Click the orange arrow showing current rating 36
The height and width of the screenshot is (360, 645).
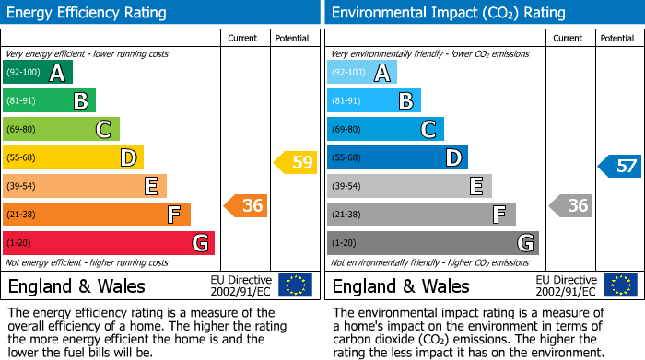246,206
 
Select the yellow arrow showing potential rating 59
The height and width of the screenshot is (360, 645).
295,163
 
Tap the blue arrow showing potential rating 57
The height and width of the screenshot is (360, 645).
620,167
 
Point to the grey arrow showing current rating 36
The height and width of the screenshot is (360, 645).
570,206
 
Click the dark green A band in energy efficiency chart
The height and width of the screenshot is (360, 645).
38,73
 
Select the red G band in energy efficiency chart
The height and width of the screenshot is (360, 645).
109,243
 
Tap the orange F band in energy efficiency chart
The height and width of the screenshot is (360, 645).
97,215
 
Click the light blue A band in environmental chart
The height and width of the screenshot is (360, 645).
362,73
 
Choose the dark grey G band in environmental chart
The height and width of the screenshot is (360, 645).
432,243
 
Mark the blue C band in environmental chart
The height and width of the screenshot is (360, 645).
385,129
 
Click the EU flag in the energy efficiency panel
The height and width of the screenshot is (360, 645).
296,285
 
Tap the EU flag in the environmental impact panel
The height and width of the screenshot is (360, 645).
620,285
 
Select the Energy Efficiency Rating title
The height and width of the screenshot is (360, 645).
88,13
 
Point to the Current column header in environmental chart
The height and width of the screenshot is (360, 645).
569,38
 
